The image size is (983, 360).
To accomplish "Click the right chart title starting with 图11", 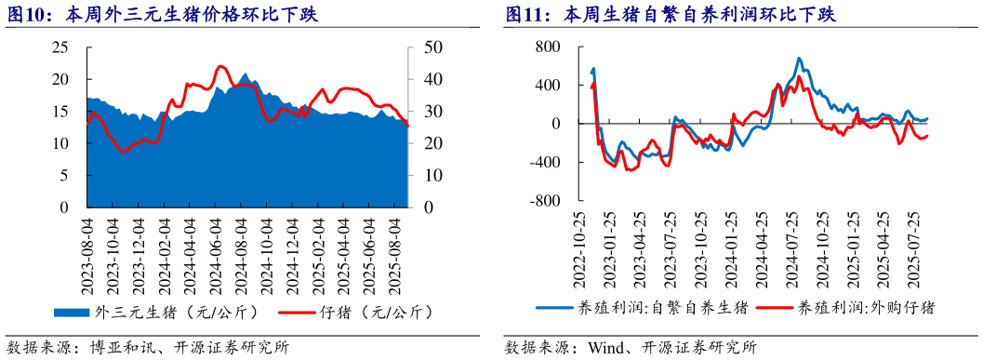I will pyautogui.click(x=670, y=15).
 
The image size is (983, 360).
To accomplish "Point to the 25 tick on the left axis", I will pyautogui.click(x=60, y=47).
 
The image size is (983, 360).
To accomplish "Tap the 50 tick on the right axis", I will pyautogui.click(x=434, y=47).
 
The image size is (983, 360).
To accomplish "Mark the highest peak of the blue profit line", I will pyautogui.click(x=800, y=59).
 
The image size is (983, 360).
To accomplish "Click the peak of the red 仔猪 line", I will pyautogui.click(x=219, y=67).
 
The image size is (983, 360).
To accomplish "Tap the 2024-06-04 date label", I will pyautogui.click(x=218, y=247).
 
